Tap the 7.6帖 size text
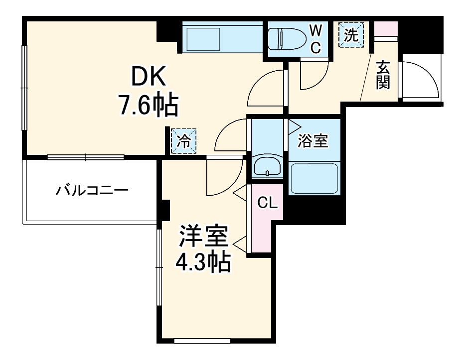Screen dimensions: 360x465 point(148,105)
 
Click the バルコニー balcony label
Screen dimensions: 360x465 point(92,190)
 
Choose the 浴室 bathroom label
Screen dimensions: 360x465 point(312,141)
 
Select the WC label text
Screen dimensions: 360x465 point(315,39)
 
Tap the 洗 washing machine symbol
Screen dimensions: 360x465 point(351,35)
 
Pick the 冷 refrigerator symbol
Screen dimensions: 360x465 point(183,141)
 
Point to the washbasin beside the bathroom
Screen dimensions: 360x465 point(268,167)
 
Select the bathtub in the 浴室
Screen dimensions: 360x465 point(314,179)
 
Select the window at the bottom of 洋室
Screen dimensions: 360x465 point(202,341)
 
